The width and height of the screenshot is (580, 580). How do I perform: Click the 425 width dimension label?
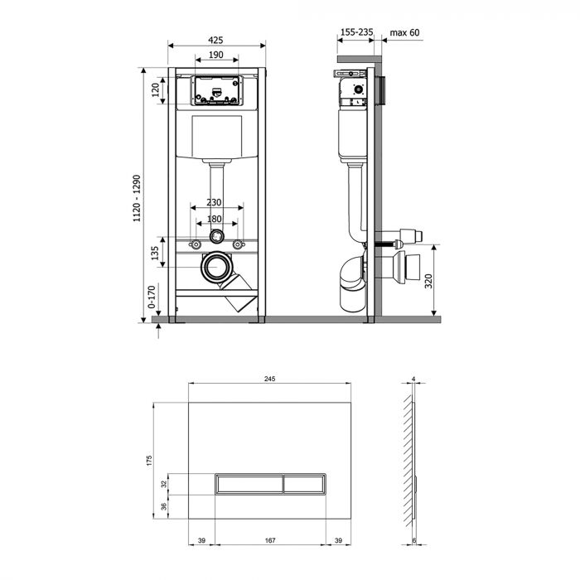pyautogui.click(x=215, y=39)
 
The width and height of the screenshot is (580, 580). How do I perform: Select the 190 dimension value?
pyautogui.click(x=215, y=55)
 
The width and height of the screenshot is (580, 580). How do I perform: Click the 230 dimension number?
pyautogui.click(x=215, y=203)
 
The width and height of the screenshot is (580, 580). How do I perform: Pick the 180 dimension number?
pyautogui.click(x=215, y=220)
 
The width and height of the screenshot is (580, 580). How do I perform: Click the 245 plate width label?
pyautogui.click(x=269, y=378)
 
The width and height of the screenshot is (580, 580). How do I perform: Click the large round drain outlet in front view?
pyautogui.click(x=217, y=268)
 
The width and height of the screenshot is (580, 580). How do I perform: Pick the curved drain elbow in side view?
pyautogui.click(x=351, y=282)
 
